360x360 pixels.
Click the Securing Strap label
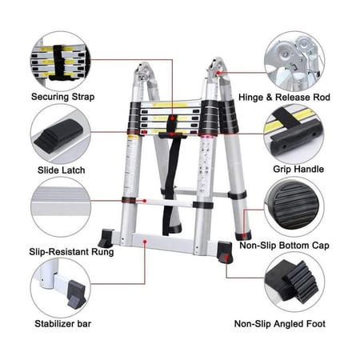pyautogui.click(x=62, y=97)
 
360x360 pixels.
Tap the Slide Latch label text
pyautogui.click(x=62, y=170)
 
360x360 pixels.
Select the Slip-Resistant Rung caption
pyautogui.click(x=71, y=252)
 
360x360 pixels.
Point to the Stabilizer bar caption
pyautogui.click(x=63, y=324)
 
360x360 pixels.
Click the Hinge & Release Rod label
pyautogui.click(x=284, y=98)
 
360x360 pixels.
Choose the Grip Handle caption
pyautogui.click(x=298, y=169)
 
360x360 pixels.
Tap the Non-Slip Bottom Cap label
pyautogui.click(x=284, y=246)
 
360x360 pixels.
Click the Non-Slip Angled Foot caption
pyautogui.click(x=280, y=324)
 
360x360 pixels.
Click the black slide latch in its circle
pyautogui.click(x=58, y=135)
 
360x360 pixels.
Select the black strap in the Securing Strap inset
pyautogui.click(x=61, y=62)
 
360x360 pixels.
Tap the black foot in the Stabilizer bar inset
pyautogui.click(x=76, y=294)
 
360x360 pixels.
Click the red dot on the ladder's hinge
pyautogui.click(x=218, y=72)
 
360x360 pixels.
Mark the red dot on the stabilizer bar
pyautogui.click(x=145, y=242)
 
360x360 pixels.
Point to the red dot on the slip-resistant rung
pyautogui.click(x=145, y=201)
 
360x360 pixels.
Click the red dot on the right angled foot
pyautogui.click(x=226, y=257)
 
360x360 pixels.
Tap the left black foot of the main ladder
pyautogui.click(x=106, y=238)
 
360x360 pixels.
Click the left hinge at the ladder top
pyautogui.click(x=143, y=71)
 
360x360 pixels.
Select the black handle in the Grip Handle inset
pyautogui.click(x=295, y=136)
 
